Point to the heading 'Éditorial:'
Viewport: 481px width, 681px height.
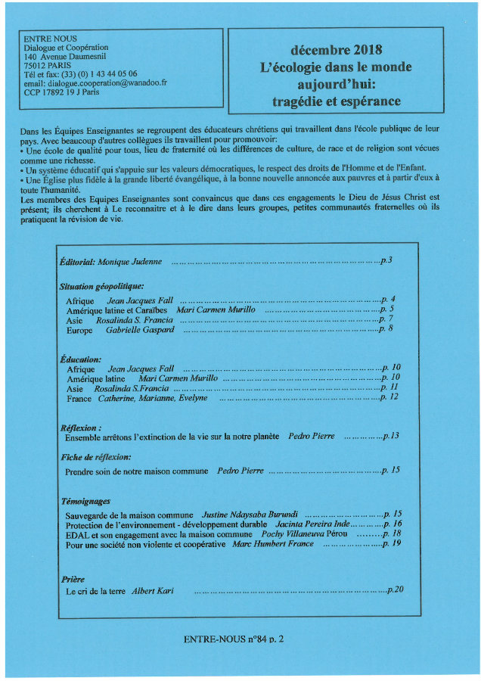pos(77,261)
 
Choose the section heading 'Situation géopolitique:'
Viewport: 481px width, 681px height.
pos(101,287)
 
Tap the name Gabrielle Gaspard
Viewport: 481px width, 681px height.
pos(140,329)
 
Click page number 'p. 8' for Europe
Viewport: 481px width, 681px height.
pos(386,329)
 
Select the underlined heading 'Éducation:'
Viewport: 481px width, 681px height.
pos(79,359)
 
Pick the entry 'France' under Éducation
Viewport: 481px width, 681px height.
pos(79,398)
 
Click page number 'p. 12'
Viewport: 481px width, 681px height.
pos(389,397)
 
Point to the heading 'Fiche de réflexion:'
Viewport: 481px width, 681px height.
pos(95,458)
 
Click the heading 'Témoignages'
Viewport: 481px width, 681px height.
pos(85,501)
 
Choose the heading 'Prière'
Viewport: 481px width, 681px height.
pos(73,579)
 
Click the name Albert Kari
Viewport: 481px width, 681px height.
pos(153,590)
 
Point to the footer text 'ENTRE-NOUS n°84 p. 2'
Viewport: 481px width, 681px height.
pos(234,639)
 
